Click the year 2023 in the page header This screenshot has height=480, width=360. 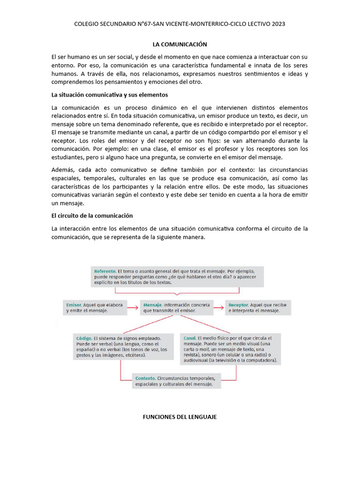[x=277, y=23]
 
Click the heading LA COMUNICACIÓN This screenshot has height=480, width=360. [x=180, y=44]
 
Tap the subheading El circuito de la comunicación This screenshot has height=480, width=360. [x=92, y=216]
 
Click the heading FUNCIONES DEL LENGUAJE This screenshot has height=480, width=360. [x=180, y=417]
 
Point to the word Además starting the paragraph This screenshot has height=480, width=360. [x=63, y=169]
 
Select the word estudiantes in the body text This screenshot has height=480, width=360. [x=68, y=157]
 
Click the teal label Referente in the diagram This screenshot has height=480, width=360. [x=105, y=271]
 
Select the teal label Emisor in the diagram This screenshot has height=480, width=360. [x=74, y=305]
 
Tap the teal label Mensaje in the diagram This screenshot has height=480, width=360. [x=153, y=305]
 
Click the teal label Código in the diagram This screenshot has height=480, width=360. [x=83, y=338]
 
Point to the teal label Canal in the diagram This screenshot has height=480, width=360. [x=189, y=338]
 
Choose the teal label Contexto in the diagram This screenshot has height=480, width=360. [x=145, y=378]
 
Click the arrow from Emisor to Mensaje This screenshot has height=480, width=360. [x=133, y=307]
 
